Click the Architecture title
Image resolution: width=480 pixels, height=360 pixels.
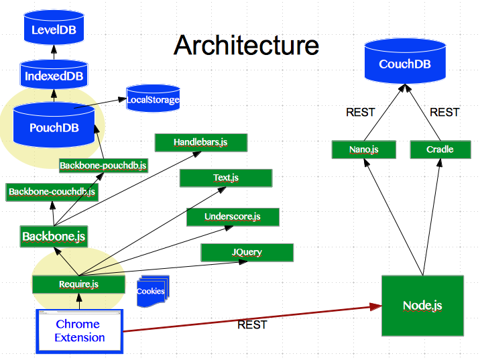point(246,46)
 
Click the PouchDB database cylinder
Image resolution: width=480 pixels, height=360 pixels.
point(54,125)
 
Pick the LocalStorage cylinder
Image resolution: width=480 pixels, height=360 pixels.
point(153,99)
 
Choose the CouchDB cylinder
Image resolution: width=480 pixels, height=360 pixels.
point(405,64)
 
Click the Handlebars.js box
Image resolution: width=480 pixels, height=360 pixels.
point(201,142)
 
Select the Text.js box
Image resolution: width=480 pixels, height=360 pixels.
point(226,178)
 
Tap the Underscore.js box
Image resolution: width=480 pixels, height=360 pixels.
point(233,217)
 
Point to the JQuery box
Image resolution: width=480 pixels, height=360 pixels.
point(247,253)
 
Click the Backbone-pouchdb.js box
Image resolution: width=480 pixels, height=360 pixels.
point(103,165)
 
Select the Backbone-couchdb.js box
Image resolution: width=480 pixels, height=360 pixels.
point(52,192)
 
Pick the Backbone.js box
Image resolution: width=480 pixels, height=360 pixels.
point(54,236)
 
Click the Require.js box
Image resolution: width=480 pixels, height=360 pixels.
point(78,284)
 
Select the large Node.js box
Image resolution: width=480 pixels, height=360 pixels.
point(422,306)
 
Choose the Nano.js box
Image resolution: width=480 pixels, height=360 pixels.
point(364,149)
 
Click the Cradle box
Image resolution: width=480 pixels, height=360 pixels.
point(440,149)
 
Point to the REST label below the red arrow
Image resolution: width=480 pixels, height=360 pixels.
point(252,325)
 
